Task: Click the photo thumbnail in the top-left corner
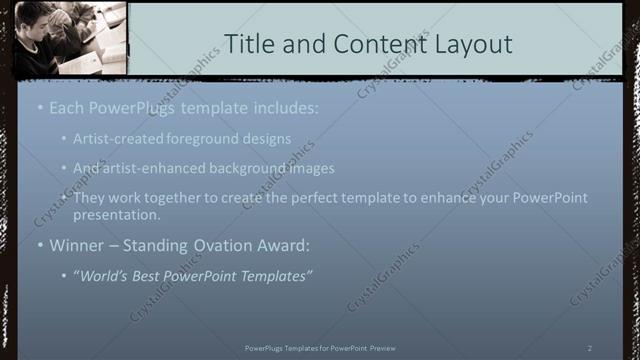(x=70, y=39)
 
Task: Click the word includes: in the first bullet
(x=283, y=107)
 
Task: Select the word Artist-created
(x=118, y=138)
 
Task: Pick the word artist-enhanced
(x=153, y=168)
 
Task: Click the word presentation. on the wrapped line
(x=117, y=214)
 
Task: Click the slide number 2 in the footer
(x=590, y=347)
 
